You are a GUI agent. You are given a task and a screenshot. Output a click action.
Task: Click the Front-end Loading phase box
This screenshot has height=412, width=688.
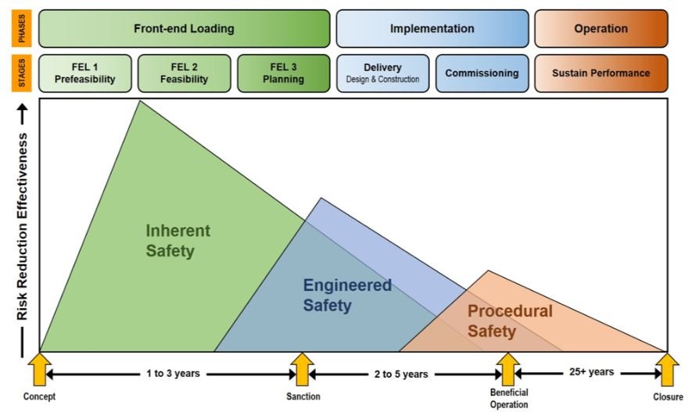coord(184,29)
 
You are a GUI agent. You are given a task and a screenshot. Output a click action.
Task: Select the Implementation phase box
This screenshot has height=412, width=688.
coord(432,29)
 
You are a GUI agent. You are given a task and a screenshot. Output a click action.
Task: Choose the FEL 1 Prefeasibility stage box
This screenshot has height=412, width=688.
coord(84,73)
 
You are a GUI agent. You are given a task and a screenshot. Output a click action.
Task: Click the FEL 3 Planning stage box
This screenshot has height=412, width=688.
coord(283,73)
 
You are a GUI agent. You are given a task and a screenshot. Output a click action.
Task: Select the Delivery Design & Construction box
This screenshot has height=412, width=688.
coord(382,73)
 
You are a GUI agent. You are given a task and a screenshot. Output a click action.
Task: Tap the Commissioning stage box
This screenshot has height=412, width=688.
coord(482,73)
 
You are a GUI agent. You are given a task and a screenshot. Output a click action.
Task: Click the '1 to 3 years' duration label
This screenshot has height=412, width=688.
coord(172,373)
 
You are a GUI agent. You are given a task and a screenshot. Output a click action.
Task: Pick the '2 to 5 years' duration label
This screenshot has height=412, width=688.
coord(402,374)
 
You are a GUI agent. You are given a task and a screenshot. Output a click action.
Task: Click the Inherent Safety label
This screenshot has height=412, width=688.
coord(177,241)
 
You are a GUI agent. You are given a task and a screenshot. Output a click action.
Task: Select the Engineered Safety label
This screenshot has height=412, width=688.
coord(346,295)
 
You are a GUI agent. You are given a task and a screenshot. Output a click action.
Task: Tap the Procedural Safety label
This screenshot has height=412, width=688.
coord(509,321)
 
